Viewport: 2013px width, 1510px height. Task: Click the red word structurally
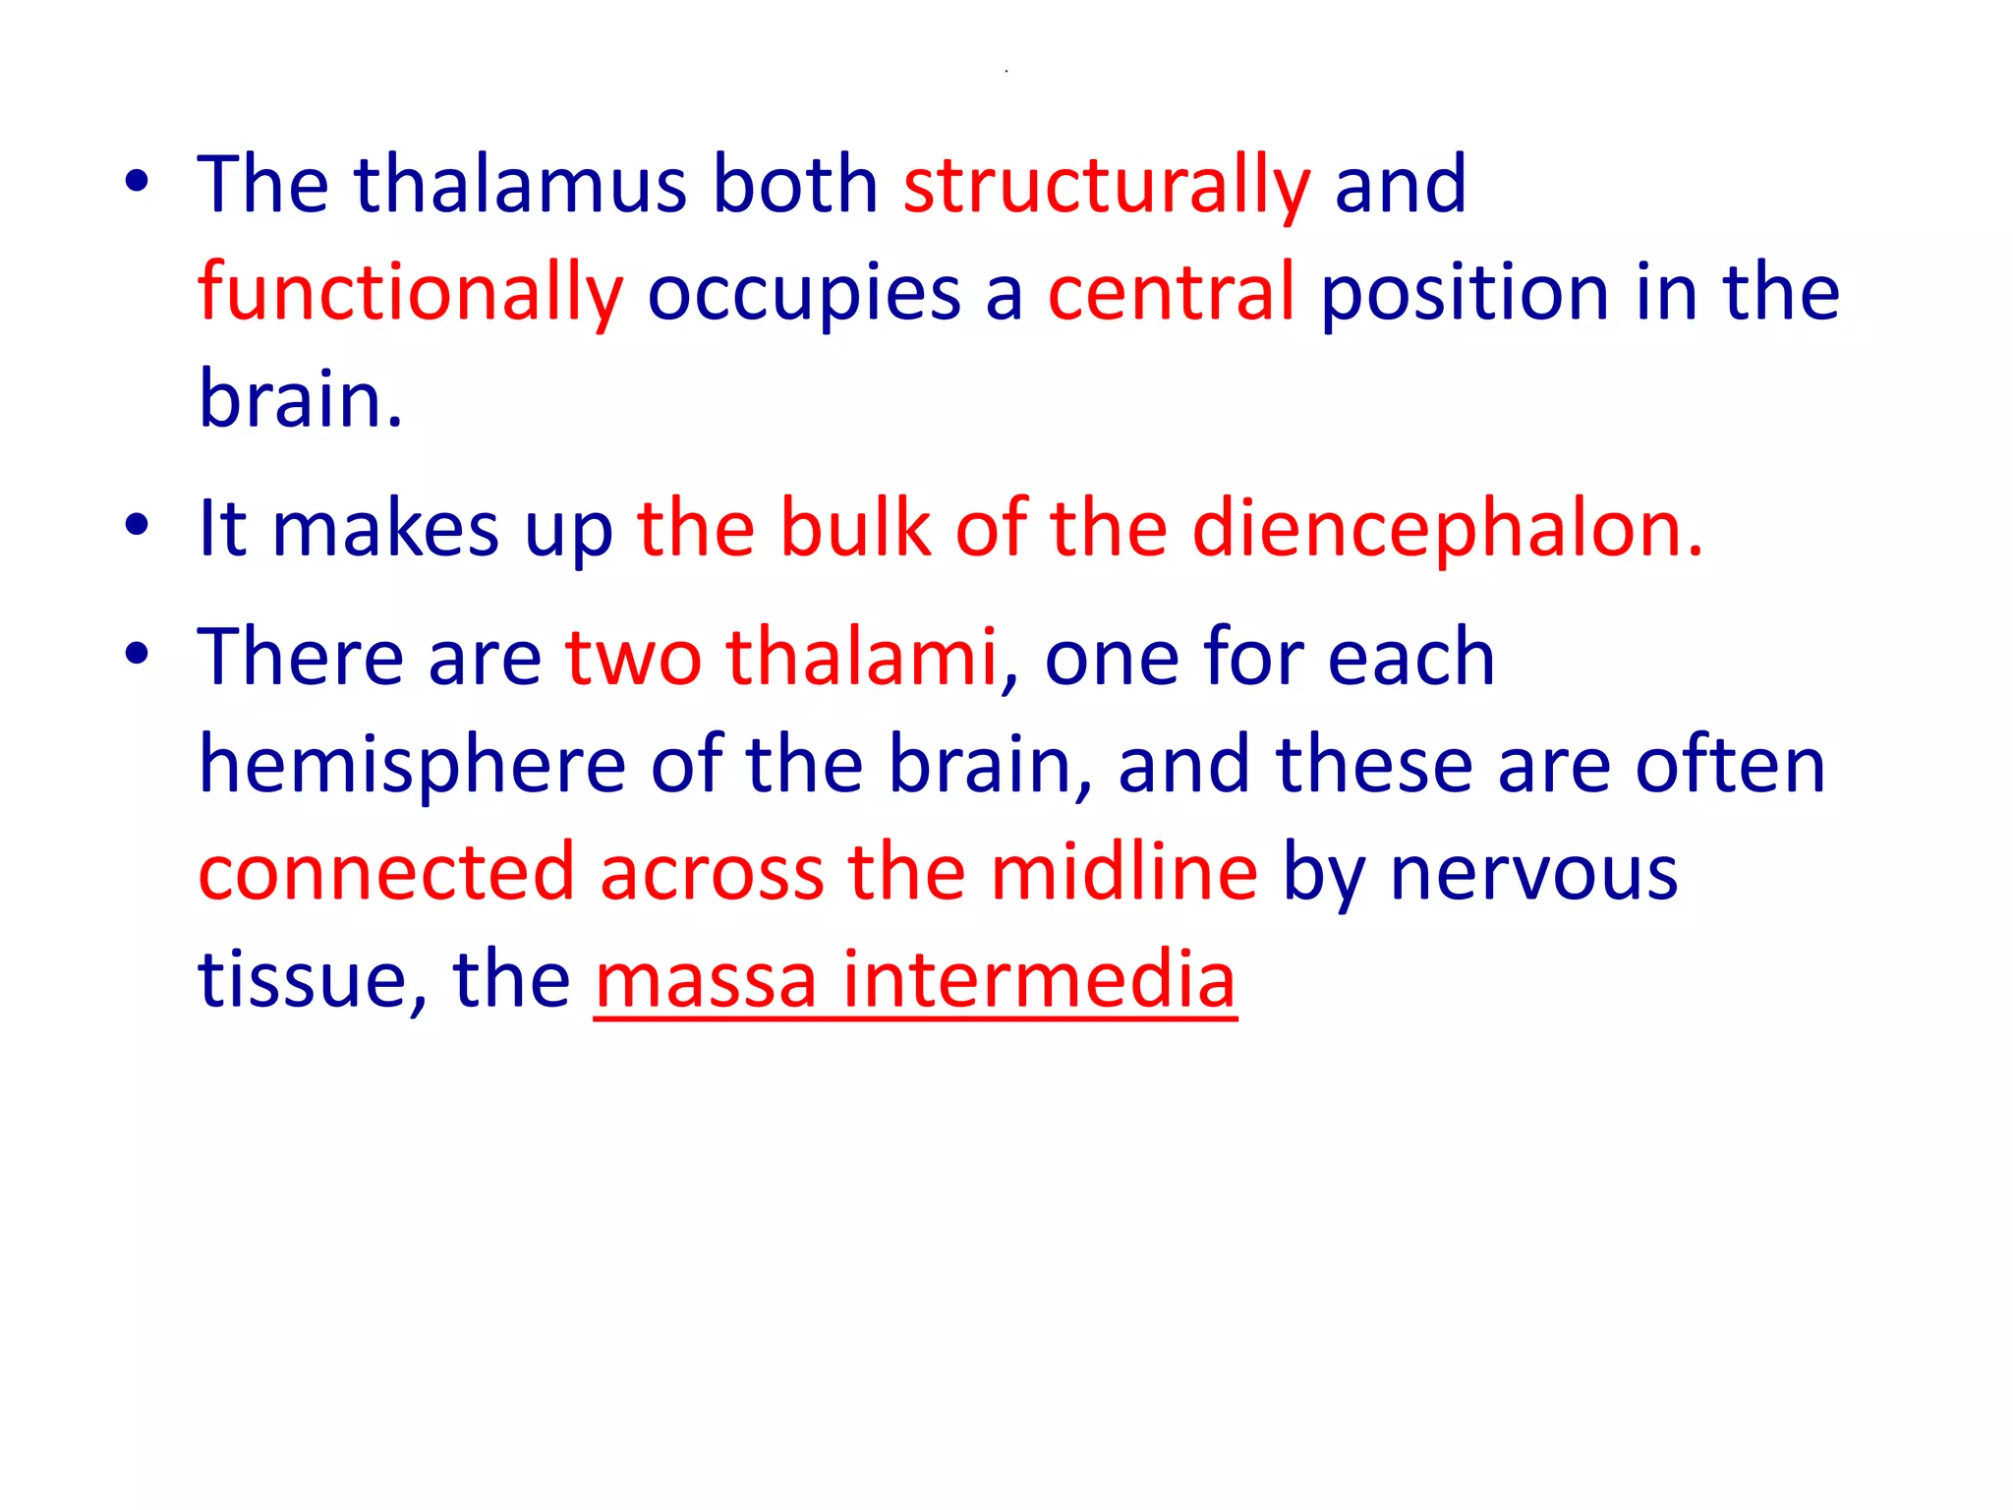[1107, 186]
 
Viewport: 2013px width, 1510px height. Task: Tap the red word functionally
[410, 293]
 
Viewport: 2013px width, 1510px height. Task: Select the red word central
[1172, 292]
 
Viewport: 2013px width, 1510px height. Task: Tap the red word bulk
[855, 529]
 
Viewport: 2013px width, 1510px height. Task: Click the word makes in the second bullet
[385, 529]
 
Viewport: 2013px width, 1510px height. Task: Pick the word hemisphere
[412, 765]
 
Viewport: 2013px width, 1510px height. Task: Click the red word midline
[1123, 872]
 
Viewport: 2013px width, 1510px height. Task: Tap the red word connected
[386, 872]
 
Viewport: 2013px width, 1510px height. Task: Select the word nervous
[1533, 872]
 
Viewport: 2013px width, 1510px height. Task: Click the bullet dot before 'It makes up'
[137, 525]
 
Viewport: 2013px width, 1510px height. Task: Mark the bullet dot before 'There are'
[137, 653]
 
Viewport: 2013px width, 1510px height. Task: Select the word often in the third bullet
[1730, 765]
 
